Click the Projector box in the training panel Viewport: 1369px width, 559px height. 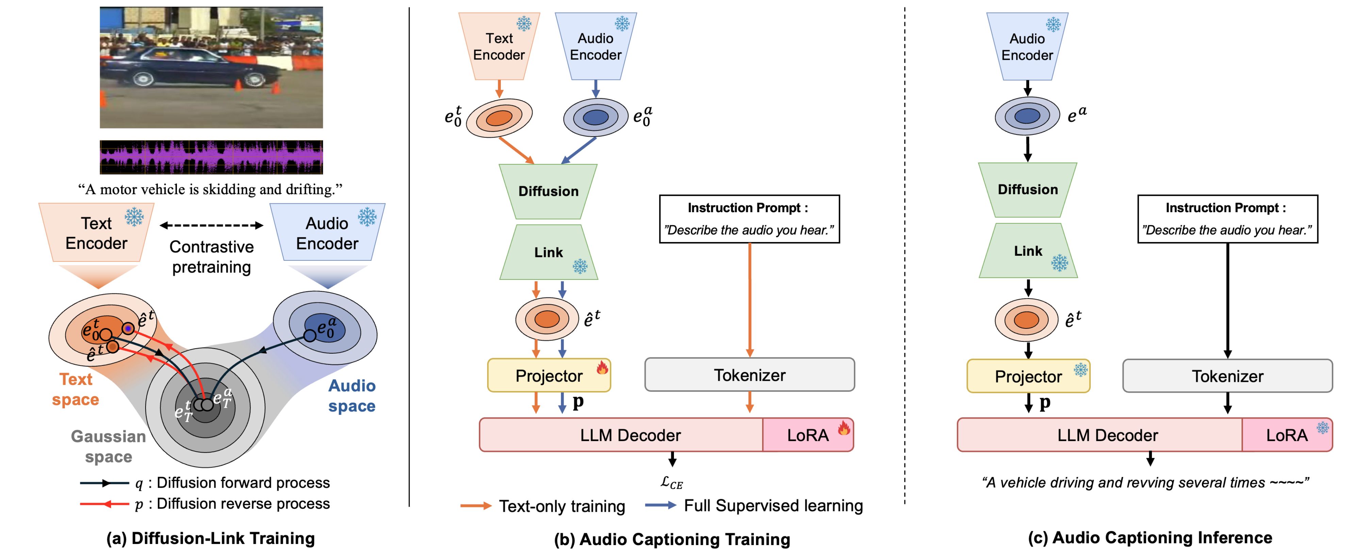click(548, 376)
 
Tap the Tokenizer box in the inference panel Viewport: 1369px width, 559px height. click(1227, 376)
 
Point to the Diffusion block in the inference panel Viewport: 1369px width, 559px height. click(1027, 190)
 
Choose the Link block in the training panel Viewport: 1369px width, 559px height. click(548, 252)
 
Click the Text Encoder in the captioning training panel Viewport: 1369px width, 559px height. click(499, 47)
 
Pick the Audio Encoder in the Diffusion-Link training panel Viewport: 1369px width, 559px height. click(327, 233)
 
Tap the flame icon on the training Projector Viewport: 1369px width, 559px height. click(602, 368)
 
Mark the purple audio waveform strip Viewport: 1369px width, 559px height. click(211, 157)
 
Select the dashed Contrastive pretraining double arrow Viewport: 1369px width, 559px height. click(212, 225)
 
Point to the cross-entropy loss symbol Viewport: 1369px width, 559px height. click(671, 482)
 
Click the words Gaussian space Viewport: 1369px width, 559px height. click(109, 446)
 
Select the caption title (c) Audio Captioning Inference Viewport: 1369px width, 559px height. click(1150, 538)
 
